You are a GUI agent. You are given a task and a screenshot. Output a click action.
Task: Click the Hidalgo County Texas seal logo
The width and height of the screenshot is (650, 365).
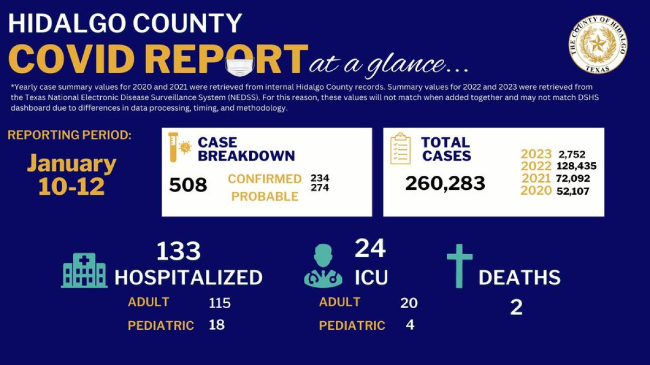(x=598, y=44)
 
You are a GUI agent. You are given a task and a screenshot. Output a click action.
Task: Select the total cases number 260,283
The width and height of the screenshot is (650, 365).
(x=445, y=183)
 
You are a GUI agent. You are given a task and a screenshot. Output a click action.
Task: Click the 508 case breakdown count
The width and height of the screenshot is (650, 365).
(x=188, y=185)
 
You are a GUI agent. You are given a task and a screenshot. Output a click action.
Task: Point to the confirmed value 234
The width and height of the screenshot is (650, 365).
(x=320, y=178)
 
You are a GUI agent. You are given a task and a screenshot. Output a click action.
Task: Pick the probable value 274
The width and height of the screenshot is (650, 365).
(x=320, y=188)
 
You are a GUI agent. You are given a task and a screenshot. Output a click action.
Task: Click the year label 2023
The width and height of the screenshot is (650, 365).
(x=536, y=154)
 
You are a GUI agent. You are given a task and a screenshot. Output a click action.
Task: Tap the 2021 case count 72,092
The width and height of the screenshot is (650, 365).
(x=572, y=178)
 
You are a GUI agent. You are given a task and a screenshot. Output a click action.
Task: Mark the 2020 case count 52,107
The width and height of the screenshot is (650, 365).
(x=573, y=191)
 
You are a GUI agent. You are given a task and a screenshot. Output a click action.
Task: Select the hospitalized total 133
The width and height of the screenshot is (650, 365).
(x=178, y=251)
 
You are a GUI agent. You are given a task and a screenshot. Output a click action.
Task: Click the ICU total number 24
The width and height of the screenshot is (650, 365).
(x=370, y=248)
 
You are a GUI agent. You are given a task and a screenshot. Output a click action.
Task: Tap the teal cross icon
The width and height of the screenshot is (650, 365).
(x=459, y=266)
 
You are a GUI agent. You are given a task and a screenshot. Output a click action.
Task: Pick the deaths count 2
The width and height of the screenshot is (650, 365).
(x=516, y=307)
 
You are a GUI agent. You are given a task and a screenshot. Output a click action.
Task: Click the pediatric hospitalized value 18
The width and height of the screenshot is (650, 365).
(x=217, y=324)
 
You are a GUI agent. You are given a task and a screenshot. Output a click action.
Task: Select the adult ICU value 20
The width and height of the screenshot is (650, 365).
(x=408, y=303)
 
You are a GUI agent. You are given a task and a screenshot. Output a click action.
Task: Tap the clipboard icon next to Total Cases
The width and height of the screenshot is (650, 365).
(x=400, y=149)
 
